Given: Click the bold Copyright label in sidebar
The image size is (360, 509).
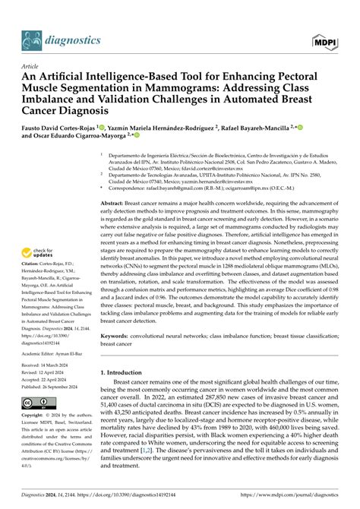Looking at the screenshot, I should pos(35,438).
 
